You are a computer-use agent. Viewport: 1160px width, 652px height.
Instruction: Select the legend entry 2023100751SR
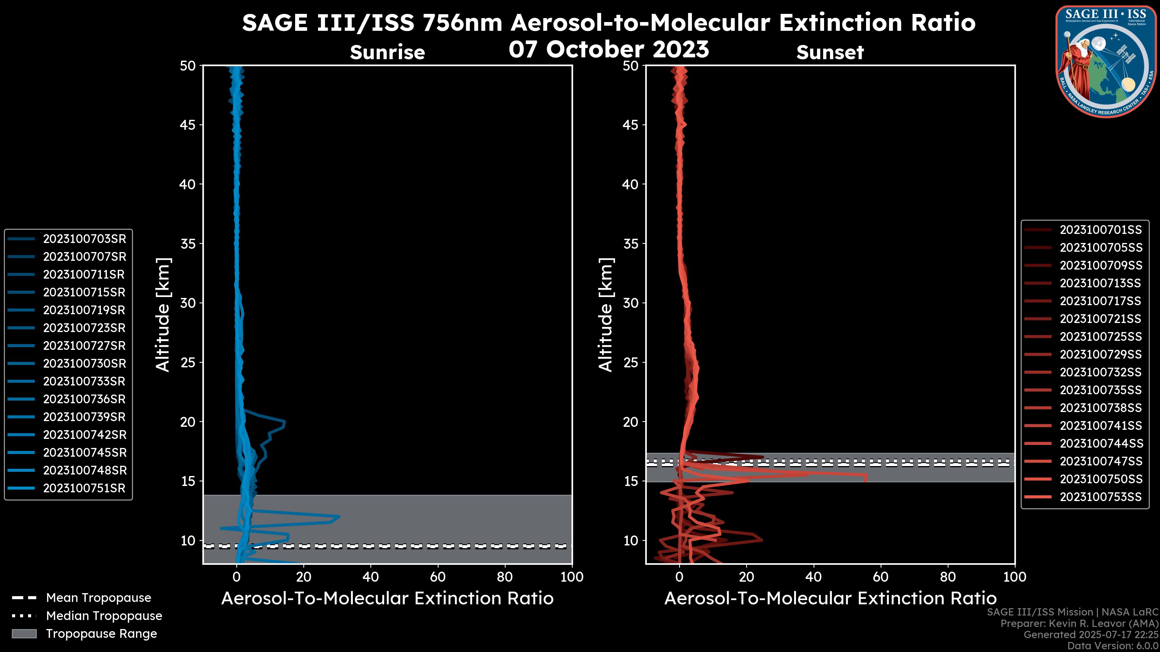(x=84, y=488)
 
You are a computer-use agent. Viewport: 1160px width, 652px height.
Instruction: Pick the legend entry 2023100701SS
(x=1100, y=230)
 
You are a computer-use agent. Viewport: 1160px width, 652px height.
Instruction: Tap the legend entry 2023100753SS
(x=1100, y=497)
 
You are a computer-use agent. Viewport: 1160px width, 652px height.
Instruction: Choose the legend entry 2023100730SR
(x=84, y=363)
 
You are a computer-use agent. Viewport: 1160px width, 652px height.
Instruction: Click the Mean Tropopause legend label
(x=98, y=598)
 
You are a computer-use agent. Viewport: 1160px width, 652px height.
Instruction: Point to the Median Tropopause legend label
(x=104, y=616)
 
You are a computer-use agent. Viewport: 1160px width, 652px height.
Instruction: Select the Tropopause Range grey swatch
(x=24, y=634)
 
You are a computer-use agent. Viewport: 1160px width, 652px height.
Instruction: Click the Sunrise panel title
(x=387, y=52)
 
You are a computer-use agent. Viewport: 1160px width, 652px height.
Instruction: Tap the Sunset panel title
(x=830, y=52)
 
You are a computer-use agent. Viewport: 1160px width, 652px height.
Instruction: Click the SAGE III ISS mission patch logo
(x=1106, y=61)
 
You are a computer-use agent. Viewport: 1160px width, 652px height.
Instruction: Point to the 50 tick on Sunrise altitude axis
(x=188, y=66)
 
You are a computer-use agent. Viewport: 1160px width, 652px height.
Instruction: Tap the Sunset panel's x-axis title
(x=830, y=599)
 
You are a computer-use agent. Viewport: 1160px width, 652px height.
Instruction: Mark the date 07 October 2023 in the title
(x=609, y=50)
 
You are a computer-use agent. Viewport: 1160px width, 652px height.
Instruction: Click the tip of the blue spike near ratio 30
(x=339, y=516)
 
